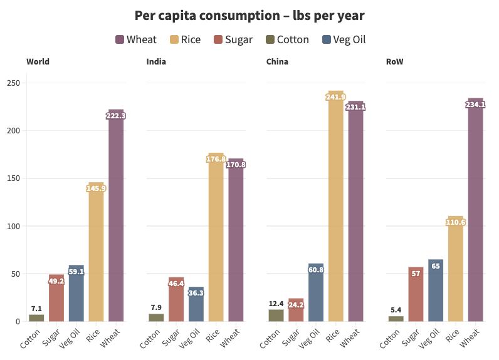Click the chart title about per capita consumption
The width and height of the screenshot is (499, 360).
coord(249,15)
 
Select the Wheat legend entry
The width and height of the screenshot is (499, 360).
coord(136,39)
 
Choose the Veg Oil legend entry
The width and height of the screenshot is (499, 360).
coord(343,39)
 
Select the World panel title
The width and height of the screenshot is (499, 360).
coord(38,61)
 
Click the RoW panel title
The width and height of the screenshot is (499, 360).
coord(395,61)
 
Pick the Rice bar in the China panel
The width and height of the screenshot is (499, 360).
coord(336,207)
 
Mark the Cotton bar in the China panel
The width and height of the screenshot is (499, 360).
coord(276,315)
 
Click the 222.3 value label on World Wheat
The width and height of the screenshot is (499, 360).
coord(116,116)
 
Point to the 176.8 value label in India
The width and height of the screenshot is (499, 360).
coord(216,159)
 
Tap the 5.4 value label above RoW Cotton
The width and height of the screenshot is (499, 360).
coord(396,310)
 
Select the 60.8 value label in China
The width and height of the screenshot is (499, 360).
coord(316,270)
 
